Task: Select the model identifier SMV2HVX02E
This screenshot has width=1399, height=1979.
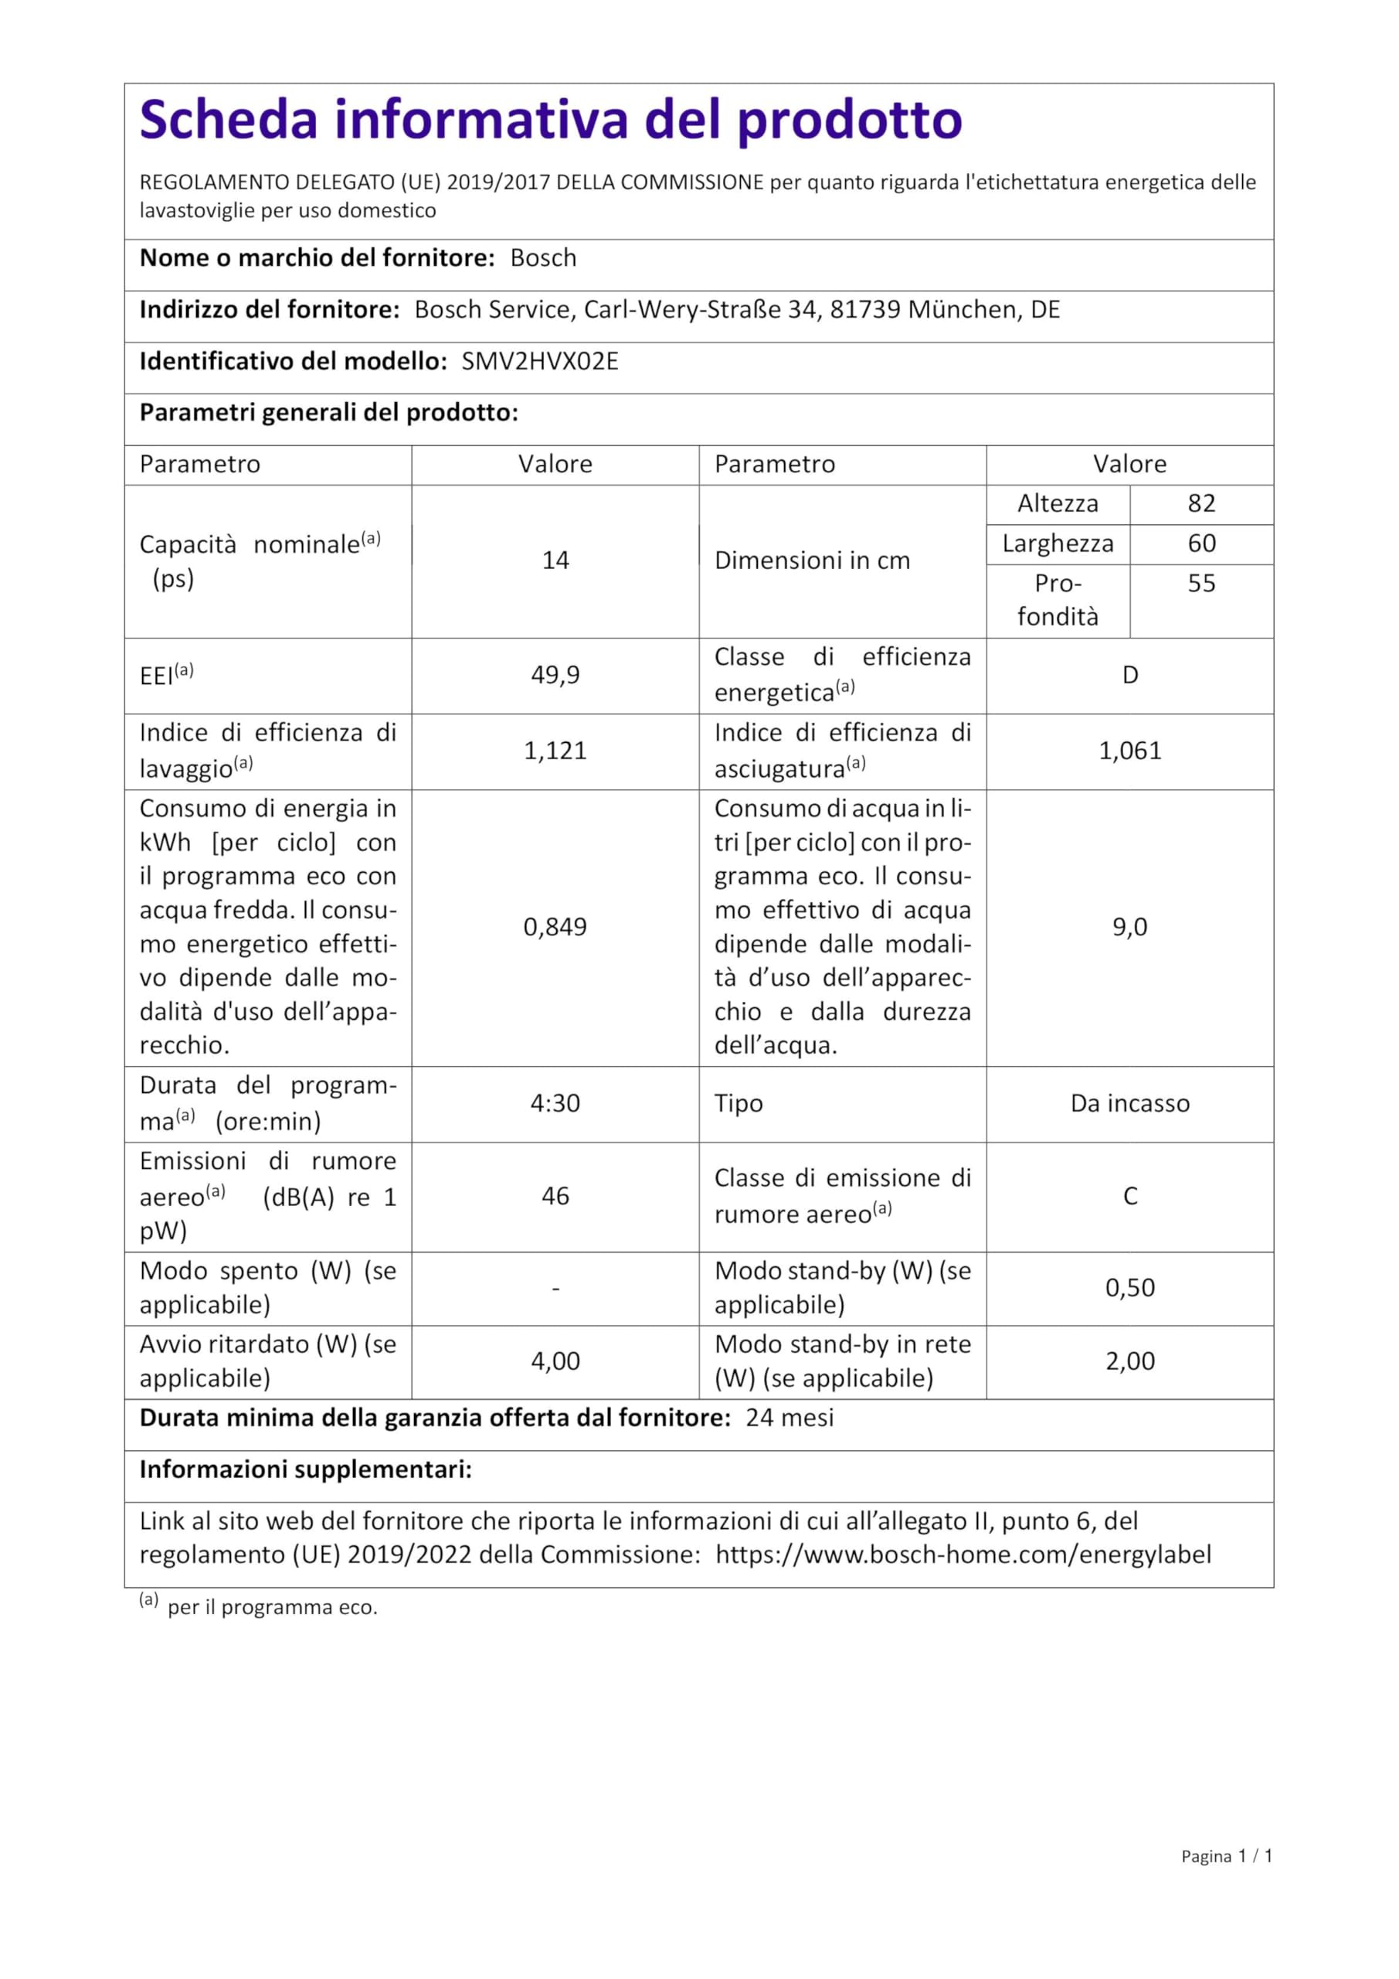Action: click(x=539, y=361)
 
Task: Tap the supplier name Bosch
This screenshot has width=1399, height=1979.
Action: click(x=543, y=257)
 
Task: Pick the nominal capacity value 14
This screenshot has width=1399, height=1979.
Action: click(x=555, y=560)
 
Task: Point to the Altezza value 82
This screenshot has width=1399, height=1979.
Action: click(x=1201, y=503)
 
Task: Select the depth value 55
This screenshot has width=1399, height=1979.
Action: click(x=1201, y=584)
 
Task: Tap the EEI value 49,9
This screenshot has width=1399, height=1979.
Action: click(x=555, y=675)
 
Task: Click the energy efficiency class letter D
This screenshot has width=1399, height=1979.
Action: click(x=1129, y=675)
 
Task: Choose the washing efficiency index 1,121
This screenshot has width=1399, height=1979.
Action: click(x=555, y=751)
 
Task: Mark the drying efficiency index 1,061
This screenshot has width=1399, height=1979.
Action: click(x=1129, y=751)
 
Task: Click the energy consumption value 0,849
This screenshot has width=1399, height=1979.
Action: click(x=555, y=927)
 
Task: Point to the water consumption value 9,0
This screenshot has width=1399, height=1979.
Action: click(x=1129, y=927)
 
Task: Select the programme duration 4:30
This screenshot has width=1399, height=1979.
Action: click(x=555, y=1103)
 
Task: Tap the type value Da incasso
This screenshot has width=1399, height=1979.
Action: click(x=1129, y=1103)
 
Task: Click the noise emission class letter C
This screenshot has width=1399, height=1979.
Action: click(x=1129, y=1197)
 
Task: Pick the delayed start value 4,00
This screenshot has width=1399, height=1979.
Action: click(x=555, y=1361)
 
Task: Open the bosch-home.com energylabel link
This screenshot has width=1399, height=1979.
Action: click(x=963, y=1554)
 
